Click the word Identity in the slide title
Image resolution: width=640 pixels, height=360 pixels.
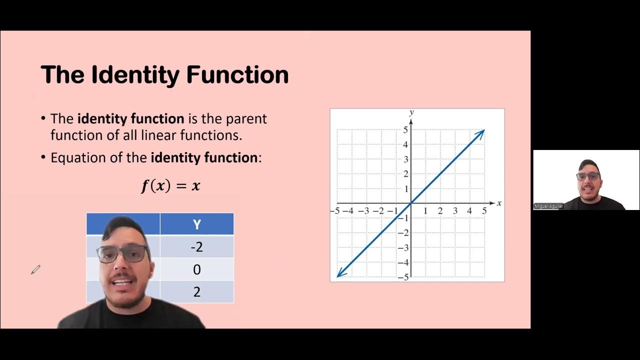pos(133,75)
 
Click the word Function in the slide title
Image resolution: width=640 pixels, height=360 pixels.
pos(237,75)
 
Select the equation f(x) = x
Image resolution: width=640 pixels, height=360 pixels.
pos(170,186)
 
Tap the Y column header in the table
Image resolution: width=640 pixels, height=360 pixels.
pos(196,224)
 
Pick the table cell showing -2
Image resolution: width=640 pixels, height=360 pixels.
pos(196,247)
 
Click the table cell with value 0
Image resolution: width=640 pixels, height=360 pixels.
pos(196,269)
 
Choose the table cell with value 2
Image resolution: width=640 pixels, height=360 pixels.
pos(196,292)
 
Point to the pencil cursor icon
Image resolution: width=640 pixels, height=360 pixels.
pos(35,270)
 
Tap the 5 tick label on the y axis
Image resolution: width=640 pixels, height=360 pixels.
pos(405,130)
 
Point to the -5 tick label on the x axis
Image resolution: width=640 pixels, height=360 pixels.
pos(334,211)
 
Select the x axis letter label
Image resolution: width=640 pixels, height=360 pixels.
pos(499,203)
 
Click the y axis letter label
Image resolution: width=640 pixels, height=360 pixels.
pos(411,112)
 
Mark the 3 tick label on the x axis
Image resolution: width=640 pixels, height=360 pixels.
pos(455,211)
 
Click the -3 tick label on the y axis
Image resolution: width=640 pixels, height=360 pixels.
pos(403,247)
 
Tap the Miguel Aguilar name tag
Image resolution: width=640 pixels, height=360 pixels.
pos(548,206)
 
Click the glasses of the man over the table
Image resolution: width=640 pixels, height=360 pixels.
pos(123,254)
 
